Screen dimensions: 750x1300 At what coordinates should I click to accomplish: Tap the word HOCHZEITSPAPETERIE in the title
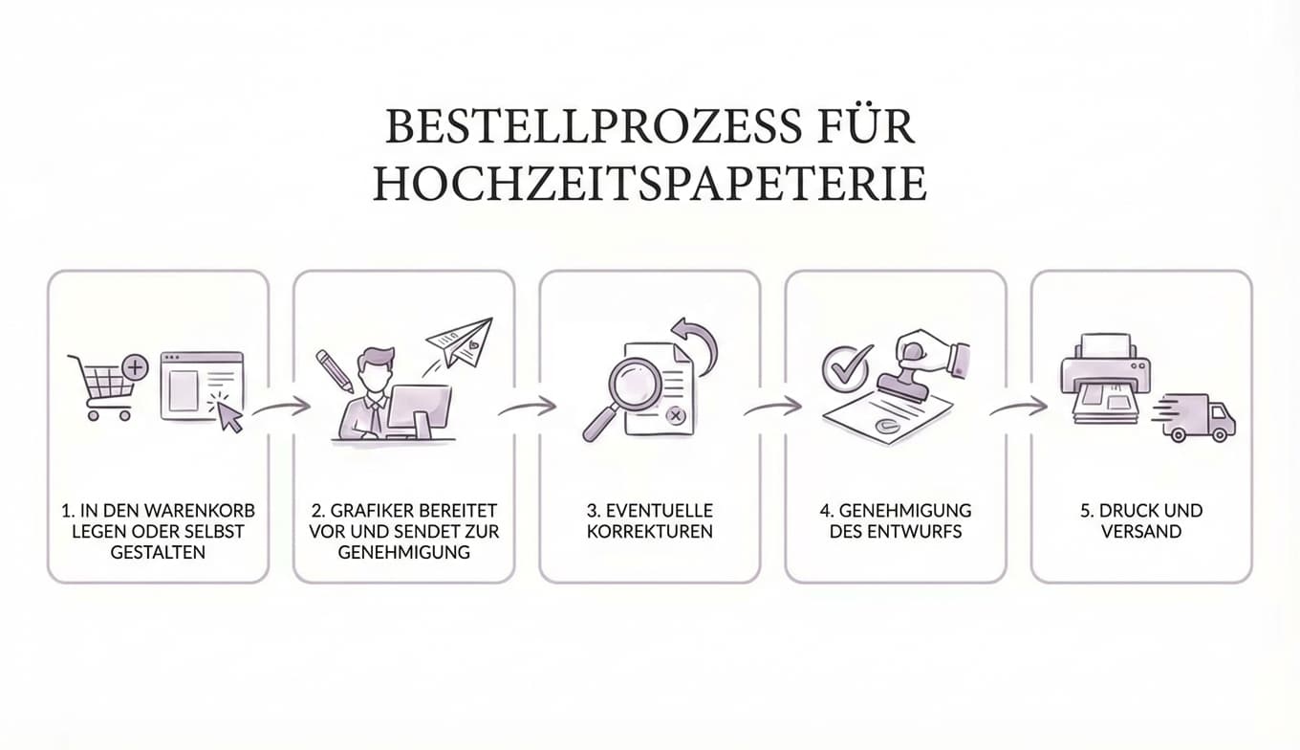(649, 184)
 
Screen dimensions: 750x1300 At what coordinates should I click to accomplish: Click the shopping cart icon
(103, 386)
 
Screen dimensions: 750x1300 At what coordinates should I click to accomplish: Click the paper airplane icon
(462, 343)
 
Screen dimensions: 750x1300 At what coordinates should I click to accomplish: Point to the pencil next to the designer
(334, 370)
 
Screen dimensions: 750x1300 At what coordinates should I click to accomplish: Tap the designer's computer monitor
(419, 410)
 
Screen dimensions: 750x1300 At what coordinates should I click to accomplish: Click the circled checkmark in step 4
(847, 367)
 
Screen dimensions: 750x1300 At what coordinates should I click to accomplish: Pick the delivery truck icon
(1199, 419)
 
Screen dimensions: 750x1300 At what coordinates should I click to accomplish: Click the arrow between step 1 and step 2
(282, 408)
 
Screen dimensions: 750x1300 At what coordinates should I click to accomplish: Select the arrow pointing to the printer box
(1019, 408)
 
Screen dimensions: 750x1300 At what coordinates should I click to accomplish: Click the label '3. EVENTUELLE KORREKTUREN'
(649, 520)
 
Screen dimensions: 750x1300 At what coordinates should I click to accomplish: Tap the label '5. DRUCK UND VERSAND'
(1141, 520)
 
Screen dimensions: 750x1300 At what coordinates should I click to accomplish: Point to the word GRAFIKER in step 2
(376, 510)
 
